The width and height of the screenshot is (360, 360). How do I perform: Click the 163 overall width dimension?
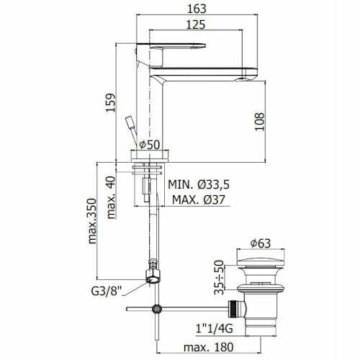click(x=197, y=9)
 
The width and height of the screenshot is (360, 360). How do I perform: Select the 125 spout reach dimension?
click(x=196, y=24)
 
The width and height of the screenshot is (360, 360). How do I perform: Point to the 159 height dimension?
click(x=111, y=103)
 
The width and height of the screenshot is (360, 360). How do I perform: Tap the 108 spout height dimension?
click(x=259, y=122)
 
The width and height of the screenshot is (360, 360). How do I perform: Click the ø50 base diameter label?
click(x=149, y=145)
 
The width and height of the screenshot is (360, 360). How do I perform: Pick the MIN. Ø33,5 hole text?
click(x=199, y=184)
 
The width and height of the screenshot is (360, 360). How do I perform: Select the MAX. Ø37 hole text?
click(x=199, y=199)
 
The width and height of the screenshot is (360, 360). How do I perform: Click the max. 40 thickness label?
click(x=111, y=197)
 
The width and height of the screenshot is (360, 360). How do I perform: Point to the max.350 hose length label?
click(x=92, y=221)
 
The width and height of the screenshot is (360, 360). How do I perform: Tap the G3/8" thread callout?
click(x=107, y=291)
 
